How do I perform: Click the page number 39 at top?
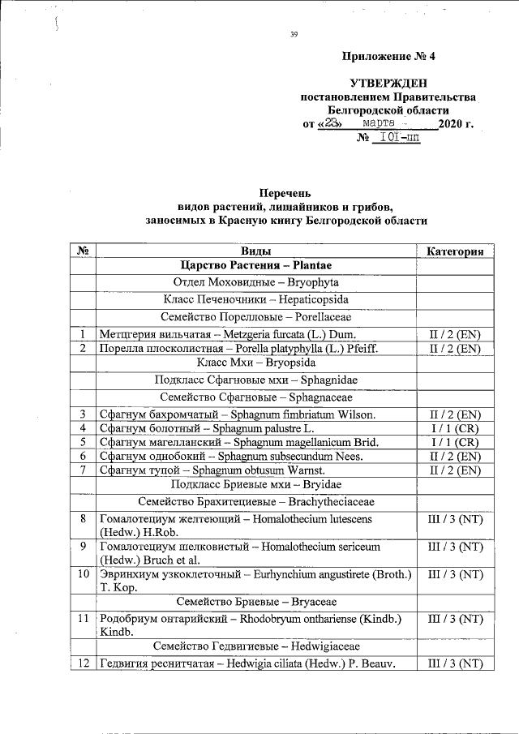(x=294, y=33)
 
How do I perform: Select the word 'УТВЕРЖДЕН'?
(x=388, y=84)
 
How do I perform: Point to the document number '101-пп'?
(x=400, y=139)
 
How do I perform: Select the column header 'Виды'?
(x=255, y=251)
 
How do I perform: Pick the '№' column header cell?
(x=83, y=251)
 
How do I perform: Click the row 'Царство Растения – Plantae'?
(x=255, y=266)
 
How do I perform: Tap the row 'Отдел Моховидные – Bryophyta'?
(x=255, y=283)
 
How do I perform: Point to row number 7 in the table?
(x=83, y=470)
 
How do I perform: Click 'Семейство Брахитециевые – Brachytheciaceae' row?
(x=255, y=503)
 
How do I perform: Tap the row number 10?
(x=83, y=574)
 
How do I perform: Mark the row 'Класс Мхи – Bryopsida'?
(x=255, y=363)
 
